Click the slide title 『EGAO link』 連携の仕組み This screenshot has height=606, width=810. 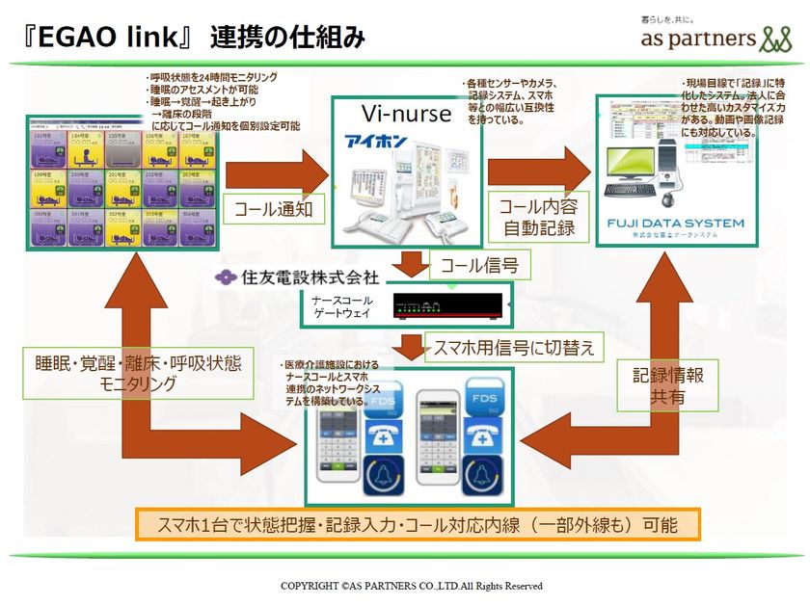point(188,38)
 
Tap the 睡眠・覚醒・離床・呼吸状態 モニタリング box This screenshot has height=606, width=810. point(141,372)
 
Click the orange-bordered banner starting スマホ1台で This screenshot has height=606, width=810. point(416,525)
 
